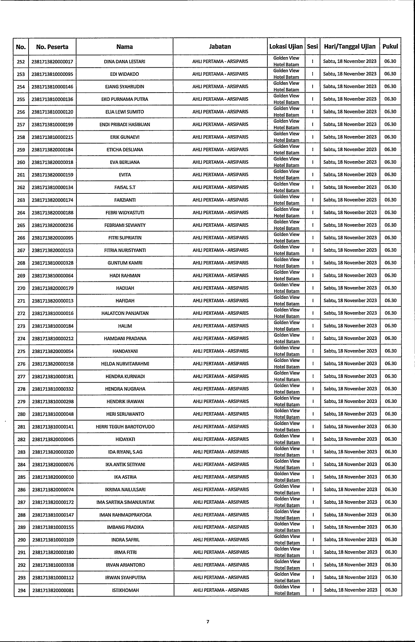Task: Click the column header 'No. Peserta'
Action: pyautogui.click(x=52, y=47)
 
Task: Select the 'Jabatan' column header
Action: pyautogui.click(x=220, y=47)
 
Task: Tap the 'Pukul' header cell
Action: pyautogui.click(x=390, y=47)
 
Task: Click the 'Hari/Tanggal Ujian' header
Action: pyautogui.click(x=350, y=47)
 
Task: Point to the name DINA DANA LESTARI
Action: pyautogui.click(x=124, y=62)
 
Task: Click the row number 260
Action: pyautogui.click(x=21, y=162)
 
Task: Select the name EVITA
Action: pyautogui.click(x=125, y=175)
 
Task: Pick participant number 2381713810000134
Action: pyautogui.click(x=52, y=188)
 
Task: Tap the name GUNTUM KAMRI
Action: pyautogui.click(x=125, y=263)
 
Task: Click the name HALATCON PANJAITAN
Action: pyautogui.click(x=125, y=313)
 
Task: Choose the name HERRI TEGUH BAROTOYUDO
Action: pyautogui.click(x=125, y=427)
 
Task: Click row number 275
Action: pyautogui.click(x=21, y=351)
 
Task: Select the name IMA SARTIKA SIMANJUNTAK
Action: pyautogui.click(x=125, y=502)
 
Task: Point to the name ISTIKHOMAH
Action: pyautogui.click(x=125, y=590)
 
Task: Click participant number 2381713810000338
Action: pyautogui.click(x=53, y=565)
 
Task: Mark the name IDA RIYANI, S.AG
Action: pyautogui.click(x=125, y=452)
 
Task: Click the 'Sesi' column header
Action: pyautogui.click(x=312, y=47)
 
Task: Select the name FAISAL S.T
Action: pyautogui.click(x=125, y=188)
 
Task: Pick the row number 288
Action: pyautogui.click(x=22, y=515)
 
